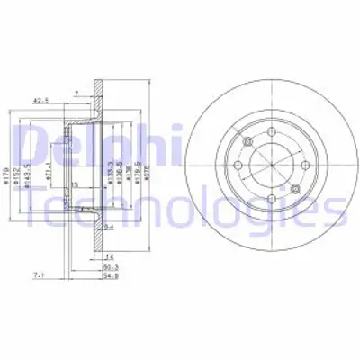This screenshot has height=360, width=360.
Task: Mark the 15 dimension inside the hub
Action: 76,184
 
